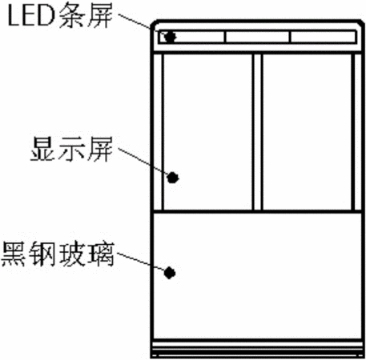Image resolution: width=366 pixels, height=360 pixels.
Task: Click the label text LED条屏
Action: point(60,15)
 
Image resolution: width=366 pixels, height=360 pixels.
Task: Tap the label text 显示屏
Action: point(71,149)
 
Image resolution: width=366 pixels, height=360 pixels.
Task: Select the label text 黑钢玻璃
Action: point(58,254)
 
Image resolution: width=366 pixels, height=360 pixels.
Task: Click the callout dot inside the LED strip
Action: point(170,37)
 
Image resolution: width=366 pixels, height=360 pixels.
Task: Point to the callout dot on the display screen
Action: point(173,178)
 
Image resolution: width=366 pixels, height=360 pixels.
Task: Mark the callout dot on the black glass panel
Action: point(170,273)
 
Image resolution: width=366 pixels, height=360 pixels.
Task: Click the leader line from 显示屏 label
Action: point(143,161)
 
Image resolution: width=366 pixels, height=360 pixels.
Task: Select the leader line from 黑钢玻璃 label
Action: point(141,262)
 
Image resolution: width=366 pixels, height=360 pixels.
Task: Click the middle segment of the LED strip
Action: point(257,37)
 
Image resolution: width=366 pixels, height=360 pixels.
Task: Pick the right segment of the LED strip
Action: point(323,37)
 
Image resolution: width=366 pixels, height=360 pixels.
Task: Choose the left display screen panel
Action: point(207,132)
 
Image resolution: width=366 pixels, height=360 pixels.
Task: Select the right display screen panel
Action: point(307,132)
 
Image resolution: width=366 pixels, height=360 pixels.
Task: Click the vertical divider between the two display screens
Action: point(257,132)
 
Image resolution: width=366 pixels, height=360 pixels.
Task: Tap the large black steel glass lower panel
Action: point(258,276)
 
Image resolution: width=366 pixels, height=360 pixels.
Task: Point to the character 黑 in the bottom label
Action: point(14,254)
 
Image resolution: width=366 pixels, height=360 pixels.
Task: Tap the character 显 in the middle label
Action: point(42,149)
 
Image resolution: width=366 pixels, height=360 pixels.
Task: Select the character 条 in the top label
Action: point(71,15)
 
